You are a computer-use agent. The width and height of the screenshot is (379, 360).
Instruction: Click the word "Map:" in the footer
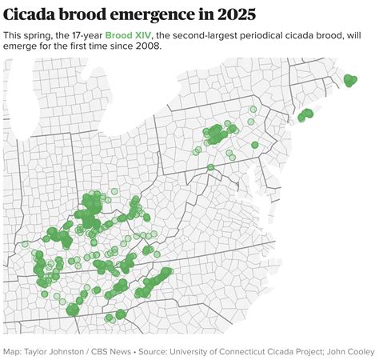(x=12, y=350)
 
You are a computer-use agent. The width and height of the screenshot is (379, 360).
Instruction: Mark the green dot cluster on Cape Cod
(x=349, y=78)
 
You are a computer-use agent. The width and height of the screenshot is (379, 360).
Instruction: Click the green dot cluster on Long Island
(x=305, y=115)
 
